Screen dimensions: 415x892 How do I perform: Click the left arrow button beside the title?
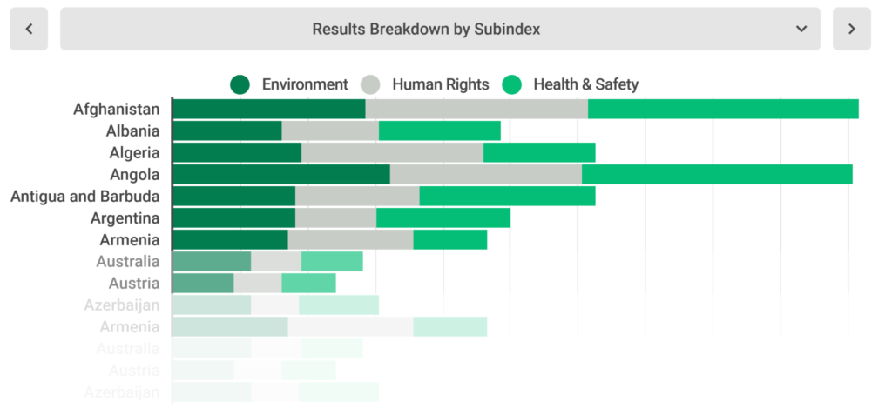[29, 30]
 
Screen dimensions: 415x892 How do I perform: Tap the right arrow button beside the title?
[851, 30]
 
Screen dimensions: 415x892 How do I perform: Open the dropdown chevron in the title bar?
[801, 30]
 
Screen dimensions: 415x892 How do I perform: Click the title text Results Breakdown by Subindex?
[426, 30]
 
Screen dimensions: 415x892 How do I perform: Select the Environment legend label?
[304, 84]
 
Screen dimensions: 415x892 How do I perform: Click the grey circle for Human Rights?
[371, 84]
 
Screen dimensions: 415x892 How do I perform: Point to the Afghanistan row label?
[116, 109]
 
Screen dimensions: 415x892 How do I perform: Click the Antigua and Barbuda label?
[84, 196]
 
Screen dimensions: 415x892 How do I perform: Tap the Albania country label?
[132, 131]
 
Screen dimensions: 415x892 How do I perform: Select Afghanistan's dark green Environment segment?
[268, 109]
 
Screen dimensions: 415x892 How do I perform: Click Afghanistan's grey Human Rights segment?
[476, 109]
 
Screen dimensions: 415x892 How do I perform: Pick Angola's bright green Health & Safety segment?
[716, 174]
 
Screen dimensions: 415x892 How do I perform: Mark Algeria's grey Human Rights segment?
[392, 152]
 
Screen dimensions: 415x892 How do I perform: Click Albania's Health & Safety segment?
[439, 131]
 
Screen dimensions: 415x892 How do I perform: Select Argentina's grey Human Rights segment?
[335, 218]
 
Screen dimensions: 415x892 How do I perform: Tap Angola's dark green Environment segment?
[280, 174]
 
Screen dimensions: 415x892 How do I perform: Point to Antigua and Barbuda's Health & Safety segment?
[507, 196]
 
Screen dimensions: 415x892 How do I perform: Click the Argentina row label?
[125, 218]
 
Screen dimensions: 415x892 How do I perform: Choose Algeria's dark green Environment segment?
[237, 152]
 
